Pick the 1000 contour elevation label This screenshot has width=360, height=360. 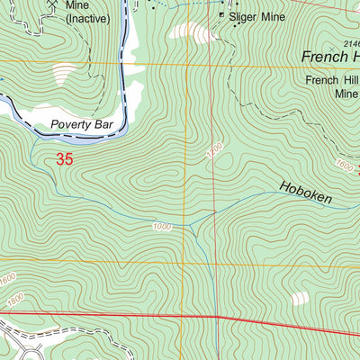point(162,226)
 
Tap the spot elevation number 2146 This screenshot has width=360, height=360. point(349,43)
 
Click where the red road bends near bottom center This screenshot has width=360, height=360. point(218,317)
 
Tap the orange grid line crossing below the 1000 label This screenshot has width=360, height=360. point(187,262)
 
